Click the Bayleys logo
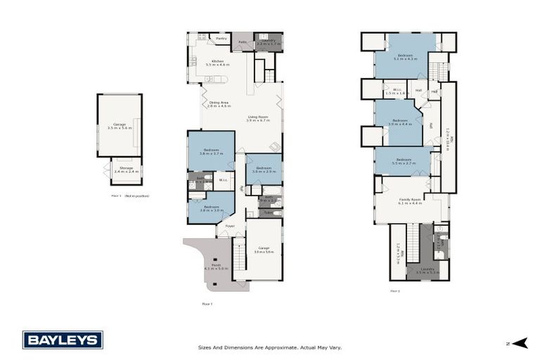(x=63, y=340)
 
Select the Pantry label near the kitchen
(x=221, y=39)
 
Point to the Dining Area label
(x=219, y=104)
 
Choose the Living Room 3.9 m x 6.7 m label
(x=258, y=119)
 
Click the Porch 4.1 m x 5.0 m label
(x=212, y=266)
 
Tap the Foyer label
(x=230, y=226)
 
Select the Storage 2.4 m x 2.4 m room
(x=126, y=170)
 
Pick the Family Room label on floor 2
(x=410, y=201)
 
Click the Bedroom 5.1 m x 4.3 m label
(x=405, y=57)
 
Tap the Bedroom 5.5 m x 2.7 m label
(x=404, y=161)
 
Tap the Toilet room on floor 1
(x=269, y=212)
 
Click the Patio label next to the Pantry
(x=242, y=42)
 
